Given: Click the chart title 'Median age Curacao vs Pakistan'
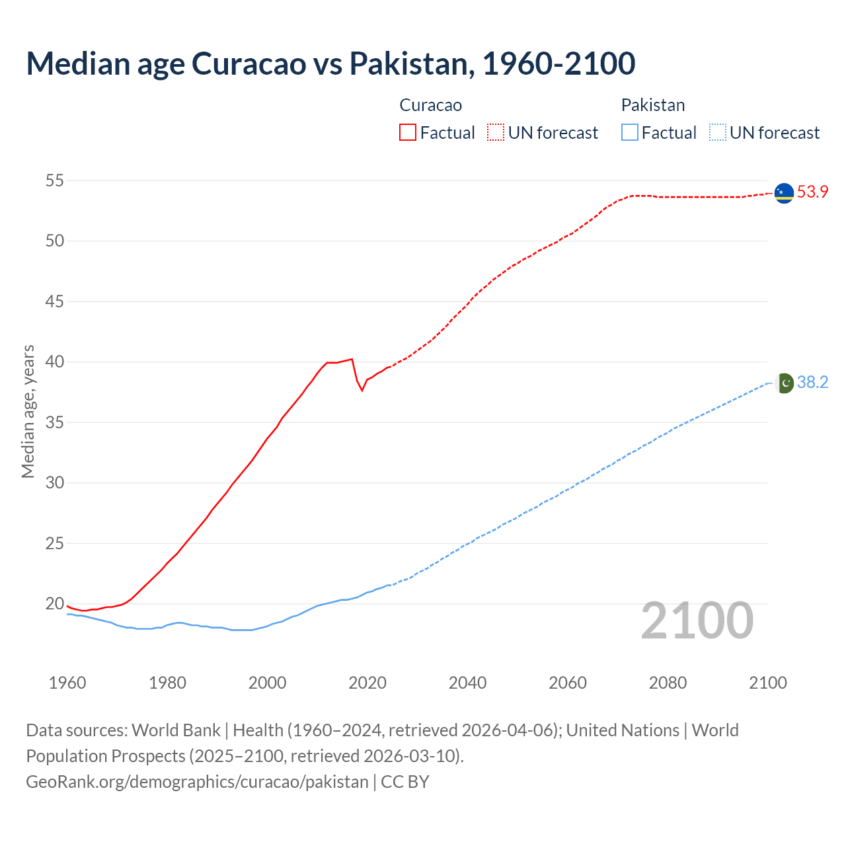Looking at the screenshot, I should (330, 63).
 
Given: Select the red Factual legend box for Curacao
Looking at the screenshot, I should (408, 132).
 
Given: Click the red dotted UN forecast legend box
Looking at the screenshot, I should (496, 132).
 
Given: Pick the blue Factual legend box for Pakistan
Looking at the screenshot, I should (630, 132).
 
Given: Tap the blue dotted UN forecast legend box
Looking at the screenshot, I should (717, 132).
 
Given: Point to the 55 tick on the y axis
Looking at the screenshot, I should (55, 180).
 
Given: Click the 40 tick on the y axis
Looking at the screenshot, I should (55, 362).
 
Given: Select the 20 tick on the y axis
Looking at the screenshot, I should (55, 603).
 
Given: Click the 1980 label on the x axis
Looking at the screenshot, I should (167, 683).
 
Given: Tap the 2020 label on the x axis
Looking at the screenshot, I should (367, 683).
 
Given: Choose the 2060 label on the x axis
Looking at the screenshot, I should (568, 683).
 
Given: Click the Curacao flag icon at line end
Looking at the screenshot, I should (784, 193).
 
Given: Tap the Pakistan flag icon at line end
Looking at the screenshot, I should (784, 383).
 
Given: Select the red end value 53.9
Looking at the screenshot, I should (812, 192).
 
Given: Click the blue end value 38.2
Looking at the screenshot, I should (812, 383).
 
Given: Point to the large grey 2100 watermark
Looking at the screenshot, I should (697, 621).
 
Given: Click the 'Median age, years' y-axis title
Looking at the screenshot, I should (28, 411).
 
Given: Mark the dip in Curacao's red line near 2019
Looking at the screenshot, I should (362, 390).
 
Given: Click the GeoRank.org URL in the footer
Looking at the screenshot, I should (197, 781).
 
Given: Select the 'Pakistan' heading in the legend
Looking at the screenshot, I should (653, 105).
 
